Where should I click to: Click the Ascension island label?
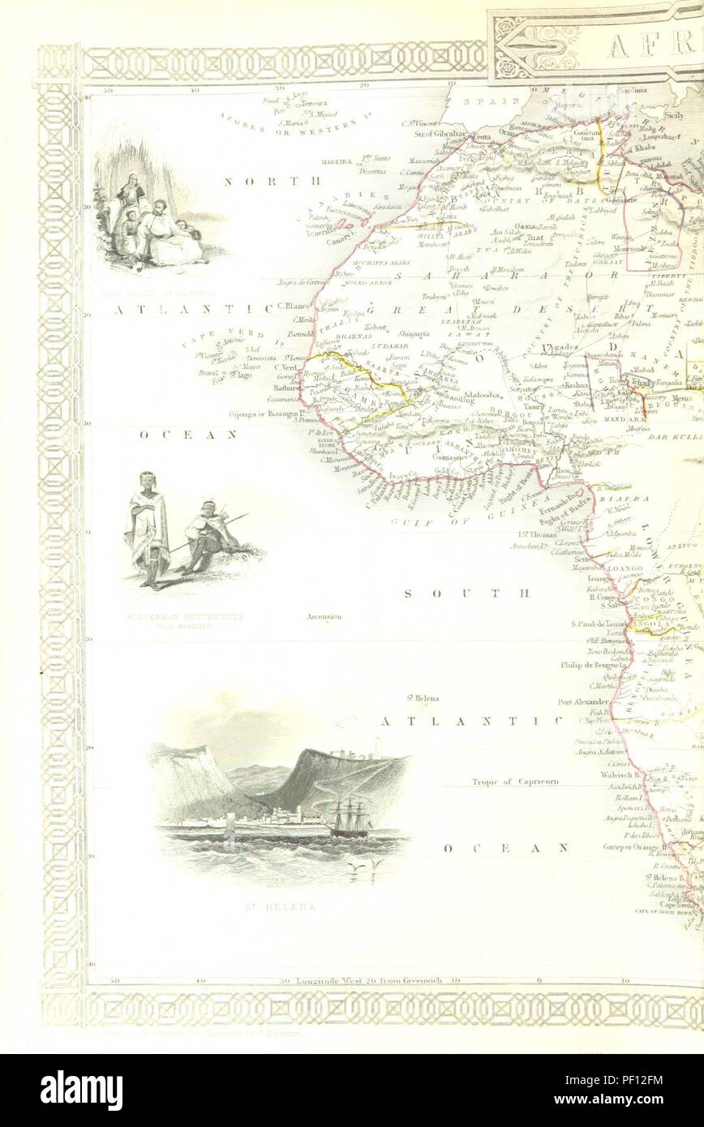tap(324, 616)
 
